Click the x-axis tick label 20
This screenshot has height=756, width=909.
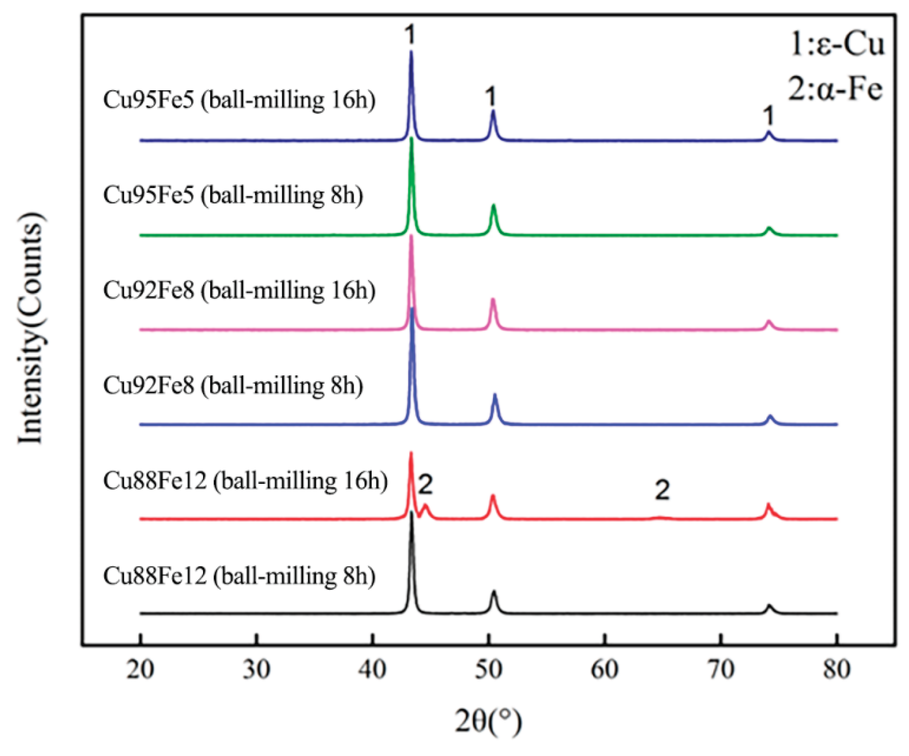(141, 670)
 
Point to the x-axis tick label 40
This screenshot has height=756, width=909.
(373, 670)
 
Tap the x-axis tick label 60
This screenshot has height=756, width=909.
(605, 670)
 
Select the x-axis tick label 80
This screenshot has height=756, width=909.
(837, 670)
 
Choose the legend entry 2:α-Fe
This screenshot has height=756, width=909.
(835, 90)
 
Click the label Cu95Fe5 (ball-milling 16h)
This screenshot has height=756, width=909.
(239, 100)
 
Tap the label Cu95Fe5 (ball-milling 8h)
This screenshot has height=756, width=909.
(233, 196)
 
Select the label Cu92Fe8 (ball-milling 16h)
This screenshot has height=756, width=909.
(239, 290)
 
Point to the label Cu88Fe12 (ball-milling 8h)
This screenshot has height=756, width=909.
(239, 576)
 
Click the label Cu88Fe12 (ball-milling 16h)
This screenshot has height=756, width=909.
(245, 481)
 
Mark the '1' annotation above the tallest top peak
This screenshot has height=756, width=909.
(410, 35)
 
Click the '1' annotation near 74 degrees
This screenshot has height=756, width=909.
(768, 116)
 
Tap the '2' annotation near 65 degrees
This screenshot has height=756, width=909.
(662, 490)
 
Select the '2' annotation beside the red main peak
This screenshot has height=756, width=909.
(426, 484)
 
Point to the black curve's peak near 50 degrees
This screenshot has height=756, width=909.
(493, 591)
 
